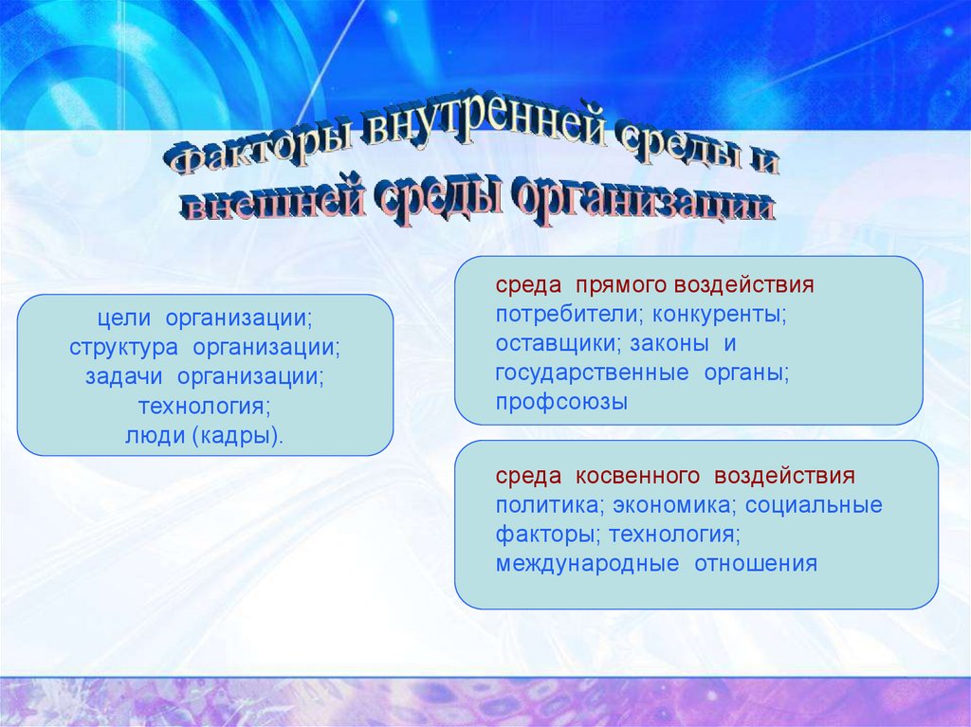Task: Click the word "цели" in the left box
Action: [124, 318]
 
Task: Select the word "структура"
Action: [123, 348]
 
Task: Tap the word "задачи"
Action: [124, 376]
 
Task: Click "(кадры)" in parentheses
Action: [237, 437]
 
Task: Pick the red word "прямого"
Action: [621, 286]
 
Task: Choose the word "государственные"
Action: [592, 373]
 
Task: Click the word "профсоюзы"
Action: [561, 403]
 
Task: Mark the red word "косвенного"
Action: [637, 477]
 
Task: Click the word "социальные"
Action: [814, 505]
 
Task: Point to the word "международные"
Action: [587, 564]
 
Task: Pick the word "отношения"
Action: [756, 564]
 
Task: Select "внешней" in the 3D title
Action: [276, 199]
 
